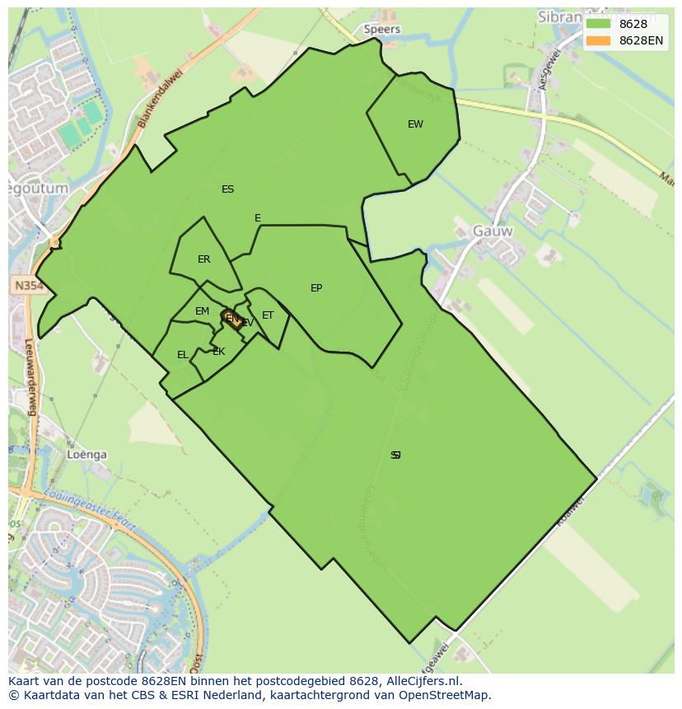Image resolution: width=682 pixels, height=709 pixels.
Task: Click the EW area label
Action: point(415,124)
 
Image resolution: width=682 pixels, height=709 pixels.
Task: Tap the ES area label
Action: point(227,189)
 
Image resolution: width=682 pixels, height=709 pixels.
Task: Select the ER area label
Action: point(203,259)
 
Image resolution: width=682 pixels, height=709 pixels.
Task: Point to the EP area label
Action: point(316,288)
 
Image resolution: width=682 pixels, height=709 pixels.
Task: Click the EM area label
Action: point(202,311)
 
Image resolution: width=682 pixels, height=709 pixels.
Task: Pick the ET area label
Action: point(268,315)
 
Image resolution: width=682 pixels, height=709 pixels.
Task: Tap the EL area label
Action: point(182,355)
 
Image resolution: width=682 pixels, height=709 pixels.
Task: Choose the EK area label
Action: point(218,352)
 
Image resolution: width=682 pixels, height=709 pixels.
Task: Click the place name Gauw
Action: point(493,231)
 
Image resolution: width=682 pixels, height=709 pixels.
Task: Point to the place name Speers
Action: point(381,29)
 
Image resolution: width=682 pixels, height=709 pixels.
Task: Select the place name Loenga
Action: point(87,455)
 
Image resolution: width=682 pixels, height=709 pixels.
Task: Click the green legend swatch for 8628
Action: point(598,24)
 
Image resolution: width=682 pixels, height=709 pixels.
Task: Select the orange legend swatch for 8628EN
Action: point(598,40)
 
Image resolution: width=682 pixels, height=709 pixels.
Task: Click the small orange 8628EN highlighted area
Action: point(236,320)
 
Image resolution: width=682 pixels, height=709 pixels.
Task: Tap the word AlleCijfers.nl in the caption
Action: point(419,681)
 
